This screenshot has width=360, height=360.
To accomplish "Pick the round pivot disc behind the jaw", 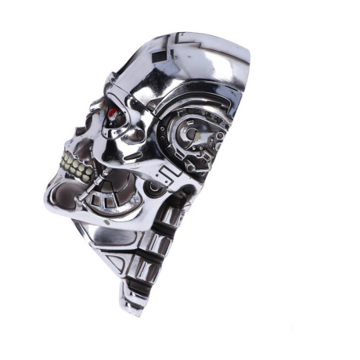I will (x=156, y=188).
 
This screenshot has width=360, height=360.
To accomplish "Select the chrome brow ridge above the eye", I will (x=117, y=94).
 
